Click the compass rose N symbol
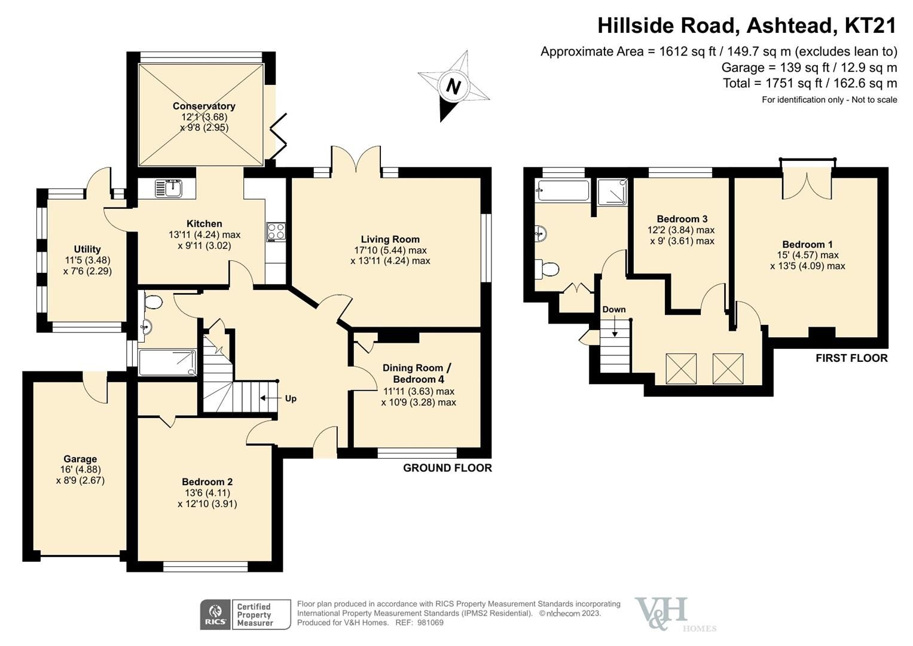(x=454, y=87)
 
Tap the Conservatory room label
(x=204, y=106)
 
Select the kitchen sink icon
(x=167, y=188)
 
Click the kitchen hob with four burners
(x=276, y=231)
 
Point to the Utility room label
(x=87, y=249)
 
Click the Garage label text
(x=80, y=459)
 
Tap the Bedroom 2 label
(x=207, y=482)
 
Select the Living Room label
(x=390, y=239)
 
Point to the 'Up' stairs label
(x=291, y=398)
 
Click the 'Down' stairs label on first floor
(x=614, y=309)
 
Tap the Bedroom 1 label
(x=807, y=244)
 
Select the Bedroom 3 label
(x=682, y=219)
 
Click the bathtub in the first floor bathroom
(x=563, y=190)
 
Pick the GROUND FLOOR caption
(x=447, y=468)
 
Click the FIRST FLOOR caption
(x=851, y=358)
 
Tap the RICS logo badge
(x=215, y=615)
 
